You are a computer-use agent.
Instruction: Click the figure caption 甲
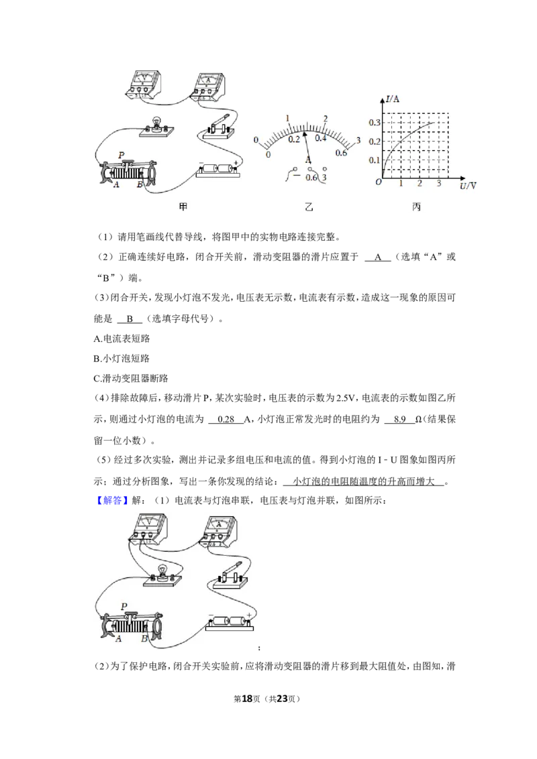click(183, 207)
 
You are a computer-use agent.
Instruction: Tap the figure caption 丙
click(416, 207)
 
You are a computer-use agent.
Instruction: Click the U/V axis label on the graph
click(468, 186)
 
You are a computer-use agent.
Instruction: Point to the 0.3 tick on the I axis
click(374, 123)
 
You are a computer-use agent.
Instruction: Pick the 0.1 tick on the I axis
click(374, 160)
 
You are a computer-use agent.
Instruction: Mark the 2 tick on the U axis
click(420, 184)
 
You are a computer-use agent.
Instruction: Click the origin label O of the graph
click(379, 182)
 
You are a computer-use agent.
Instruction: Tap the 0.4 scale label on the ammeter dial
click(320, 138)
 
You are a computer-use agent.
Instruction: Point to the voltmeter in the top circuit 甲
click(142, 85)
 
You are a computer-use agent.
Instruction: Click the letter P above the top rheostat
click(121, 155)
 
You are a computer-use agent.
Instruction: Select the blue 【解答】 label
click(111, 500)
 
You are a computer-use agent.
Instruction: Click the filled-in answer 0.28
click(226, 420)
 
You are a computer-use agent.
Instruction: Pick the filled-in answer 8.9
click(400, 420)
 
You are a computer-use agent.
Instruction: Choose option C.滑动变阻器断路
click(131, 379)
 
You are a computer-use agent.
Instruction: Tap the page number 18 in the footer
click(247, 699)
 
